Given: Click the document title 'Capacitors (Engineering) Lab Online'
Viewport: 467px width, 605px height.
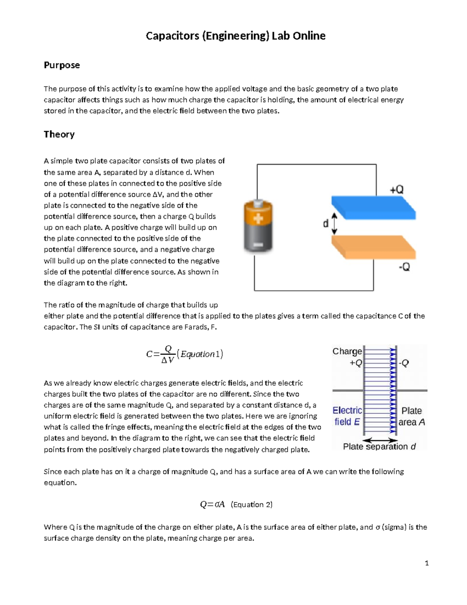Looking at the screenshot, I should pyautogui.click(x=235, y=36).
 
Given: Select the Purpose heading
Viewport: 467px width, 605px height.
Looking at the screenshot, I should pyautogui.click(x=61, y=65).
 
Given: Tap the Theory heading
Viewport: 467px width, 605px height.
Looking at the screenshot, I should pyautogui.click(x=59, y=134).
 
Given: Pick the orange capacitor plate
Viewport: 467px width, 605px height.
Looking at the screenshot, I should pyautogui.click(x=373, y=247).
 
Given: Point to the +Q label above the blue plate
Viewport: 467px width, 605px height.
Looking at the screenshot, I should pyautogui.click(x=397, y=190).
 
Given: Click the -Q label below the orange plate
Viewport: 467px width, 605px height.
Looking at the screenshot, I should pyautogui.click(x=404, y=267).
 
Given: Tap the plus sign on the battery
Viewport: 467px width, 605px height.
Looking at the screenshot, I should pyautogui.click(x=258, y=219).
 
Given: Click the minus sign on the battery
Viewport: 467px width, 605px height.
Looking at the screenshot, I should pyautogui.click(x=257, y=245).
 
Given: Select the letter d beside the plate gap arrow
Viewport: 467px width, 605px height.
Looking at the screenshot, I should pyautogui.click(x=326, y=224).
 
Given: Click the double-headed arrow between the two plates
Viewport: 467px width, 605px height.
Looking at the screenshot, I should pyautogui.click(x=334, y=224).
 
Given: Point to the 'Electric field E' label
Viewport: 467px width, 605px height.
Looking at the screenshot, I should pyautogui.click(x=347, y=416).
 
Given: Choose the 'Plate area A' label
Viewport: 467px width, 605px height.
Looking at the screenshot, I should pyautogui.click(x=412, y=416).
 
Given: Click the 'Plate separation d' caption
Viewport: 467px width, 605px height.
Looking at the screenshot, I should pyautogui.click(x=379, y=446).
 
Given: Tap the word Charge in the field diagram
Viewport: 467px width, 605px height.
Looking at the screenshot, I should pyautogui.click(x=347, y=351).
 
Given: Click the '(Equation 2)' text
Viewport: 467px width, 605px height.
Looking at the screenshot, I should pyautogui.click(x=251, y=505).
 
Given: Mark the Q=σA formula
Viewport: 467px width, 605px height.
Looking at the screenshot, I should pyautogui.click(x=212, y=505).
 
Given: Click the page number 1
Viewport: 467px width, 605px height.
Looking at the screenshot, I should pyautogui.click(x=427, y=563).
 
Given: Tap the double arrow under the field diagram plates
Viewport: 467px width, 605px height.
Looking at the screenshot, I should pyautogui.click(x=380, y=439).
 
